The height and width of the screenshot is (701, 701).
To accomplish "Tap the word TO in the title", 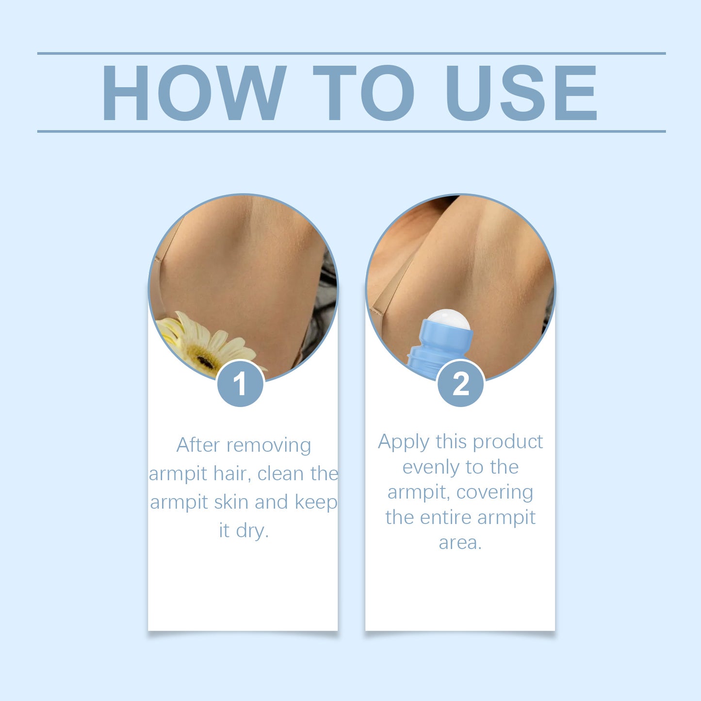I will point(363,93).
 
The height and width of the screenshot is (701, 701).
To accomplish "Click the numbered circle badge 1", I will point(240,384).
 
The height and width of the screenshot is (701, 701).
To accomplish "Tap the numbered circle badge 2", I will point(460,384).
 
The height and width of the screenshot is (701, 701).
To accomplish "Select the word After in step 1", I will point(198,445).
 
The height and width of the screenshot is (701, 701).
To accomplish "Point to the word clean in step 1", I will point(280,473).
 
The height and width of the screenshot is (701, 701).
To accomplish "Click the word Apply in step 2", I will point(404,442).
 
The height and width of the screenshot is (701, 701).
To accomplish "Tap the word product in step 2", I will point(507,442).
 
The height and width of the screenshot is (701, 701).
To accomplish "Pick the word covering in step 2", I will point(494,492).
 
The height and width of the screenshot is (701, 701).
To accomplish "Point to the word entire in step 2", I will point(446,517).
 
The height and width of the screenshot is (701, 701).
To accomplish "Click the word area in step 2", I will point(459,543).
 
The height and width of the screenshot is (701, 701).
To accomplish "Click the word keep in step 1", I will point(316,503).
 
